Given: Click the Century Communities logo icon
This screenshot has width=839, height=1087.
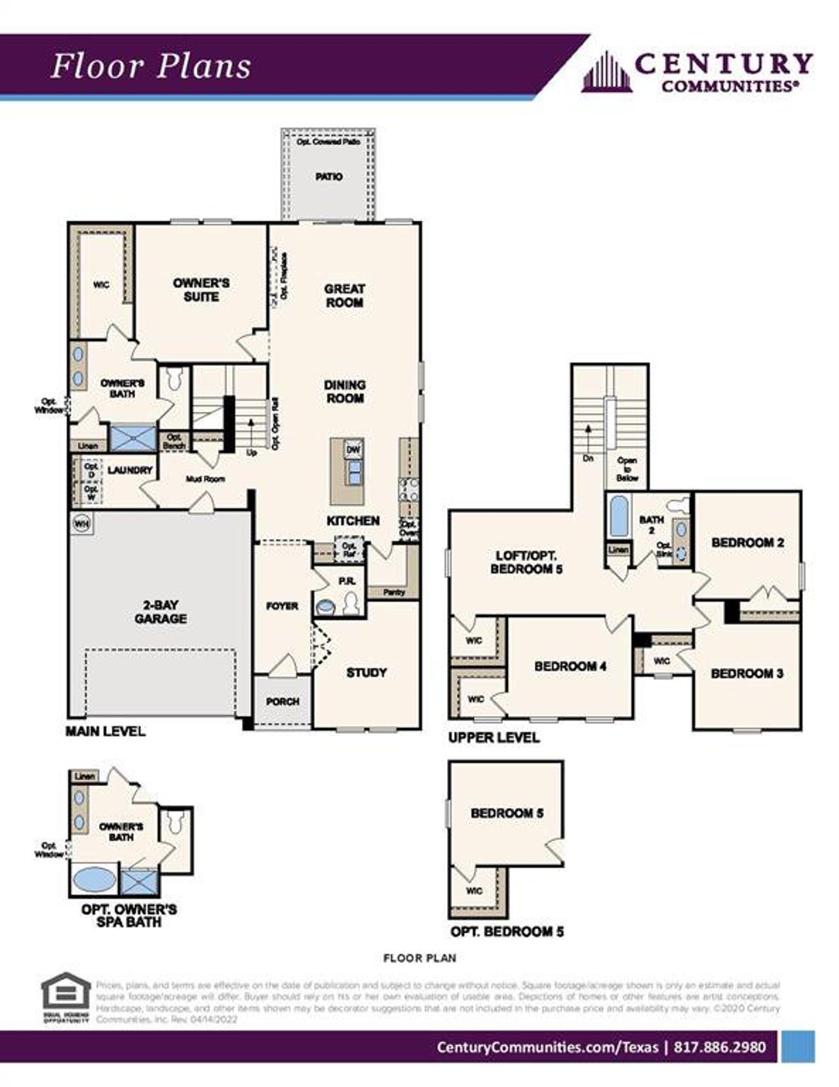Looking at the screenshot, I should coord(607,71).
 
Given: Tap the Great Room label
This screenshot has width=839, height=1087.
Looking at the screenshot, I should coord(344,296).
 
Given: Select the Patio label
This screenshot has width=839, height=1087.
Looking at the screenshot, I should coord(328,176).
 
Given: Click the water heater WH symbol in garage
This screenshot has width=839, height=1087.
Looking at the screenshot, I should coord(81,523).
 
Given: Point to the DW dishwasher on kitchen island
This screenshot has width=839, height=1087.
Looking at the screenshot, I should coord(353,450).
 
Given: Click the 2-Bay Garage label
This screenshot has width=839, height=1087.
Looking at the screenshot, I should coord(161,612).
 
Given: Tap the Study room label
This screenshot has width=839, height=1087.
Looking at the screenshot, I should coord(366,672).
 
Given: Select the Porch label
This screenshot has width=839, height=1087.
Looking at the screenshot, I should coord(283,702).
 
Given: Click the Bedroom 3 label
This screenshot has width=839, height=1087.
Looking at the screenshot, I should coord(747,673).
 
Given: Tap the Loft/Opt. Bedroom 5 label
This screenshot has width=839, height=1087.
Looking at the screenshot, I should coord(526,563).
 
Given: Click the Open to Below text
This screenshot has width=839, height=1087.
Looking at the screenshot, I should coord(627,469).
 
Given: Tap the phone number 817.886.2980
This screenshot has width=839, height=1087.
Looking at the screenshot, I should coord(719,1047).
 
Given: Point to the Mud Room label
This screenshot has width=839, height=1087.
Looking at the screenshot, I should coord(205,479).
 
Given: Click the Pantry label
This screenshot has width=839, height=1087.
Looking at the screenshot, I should coord(393,592).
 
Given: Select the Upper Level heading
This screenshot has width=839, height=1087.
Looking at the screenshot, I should coord(494,738).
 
